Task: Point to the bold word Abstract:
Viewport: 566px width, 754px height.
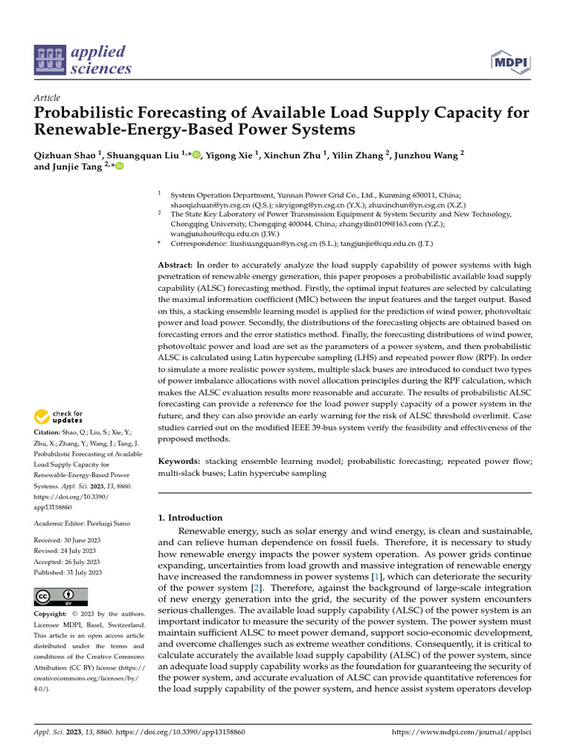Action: point(175,264)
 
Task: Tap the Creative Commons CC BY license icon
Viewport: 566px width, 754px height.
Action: point(60,596)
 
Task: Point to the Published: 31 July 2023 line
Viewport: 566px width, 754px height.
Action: point(68,572)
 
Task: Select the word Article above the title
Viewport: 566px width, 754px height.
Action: point(47,98)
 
